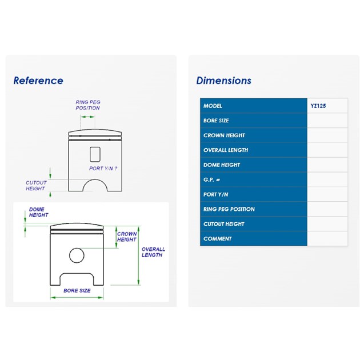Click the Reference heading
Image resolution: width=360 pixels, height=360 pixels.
(x=38, y=81)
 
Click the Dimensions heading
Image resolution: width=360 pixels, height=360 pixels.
(x=224, y=81)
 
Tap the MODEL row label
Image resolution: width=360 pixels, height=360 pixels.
(x=213, y=106)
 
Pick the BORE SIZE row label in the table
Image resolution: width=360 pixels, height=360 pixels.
(x=216, y=121)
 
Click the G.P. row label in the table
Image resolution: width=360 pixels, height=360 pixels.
(x=211, y=179)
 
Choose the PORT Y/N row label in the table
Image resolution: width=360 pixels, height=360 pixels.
(x=216, y=194)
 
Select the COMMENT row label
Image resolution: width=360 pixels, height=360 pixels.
(x=217, y=239)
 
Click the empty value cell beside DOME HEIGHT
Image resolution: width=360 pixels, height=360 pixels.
(x=327, y=165)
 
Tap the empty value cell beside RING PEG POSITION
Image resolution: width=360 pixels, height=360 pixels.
(x=327, y=209)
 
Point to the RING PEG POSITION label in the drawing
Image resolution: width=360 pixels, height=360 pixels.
(x=88, y=105)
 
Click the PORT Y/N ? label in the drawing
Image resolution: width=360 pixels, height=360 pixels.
(x=103, y=169)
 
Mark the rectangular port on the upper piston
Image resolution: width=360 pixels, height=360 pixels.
(x=95, y=154)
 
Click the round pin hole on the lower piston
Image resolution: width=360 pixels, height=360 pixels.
(x=77, y=255)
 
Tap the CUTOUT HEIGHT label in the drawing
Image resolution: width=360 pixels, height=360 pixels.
(x=36, y=186)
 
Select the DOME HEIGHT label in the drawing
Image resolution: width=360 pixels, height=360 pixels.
(x=39, y=212)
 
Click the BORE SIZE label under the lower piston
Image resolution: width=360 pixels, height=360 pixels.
(x=77, y=290)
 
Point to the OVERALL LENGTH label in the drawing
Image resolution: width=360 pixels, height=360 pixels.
(x=153, y=252)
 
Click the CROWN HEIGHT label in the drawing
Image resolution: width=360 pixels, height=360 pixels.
(x=127, y=237)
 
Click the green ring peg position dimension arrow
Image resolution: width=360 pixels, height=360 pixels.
(x=87, y=117)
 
